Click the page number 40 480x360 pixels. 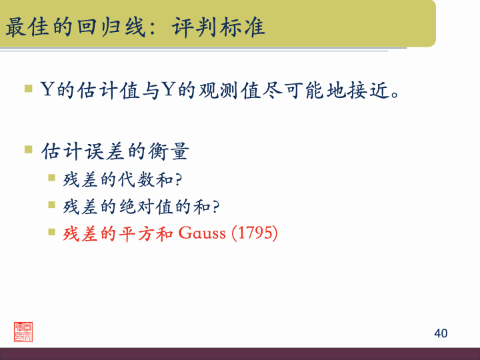point(440,333)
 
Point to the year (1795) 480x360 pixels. point(254,233)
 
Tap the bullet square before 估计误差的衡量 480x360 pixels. point(29,149)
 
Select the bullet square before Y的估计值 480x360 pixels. point(29,87)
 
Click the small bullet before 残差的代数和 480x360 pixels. point(52,178)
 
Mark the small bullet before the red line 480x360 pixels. point(52,232)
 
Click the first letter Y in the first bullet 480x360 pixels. point(48,89)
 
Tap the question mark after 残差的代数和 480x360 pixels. point(179,179)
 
